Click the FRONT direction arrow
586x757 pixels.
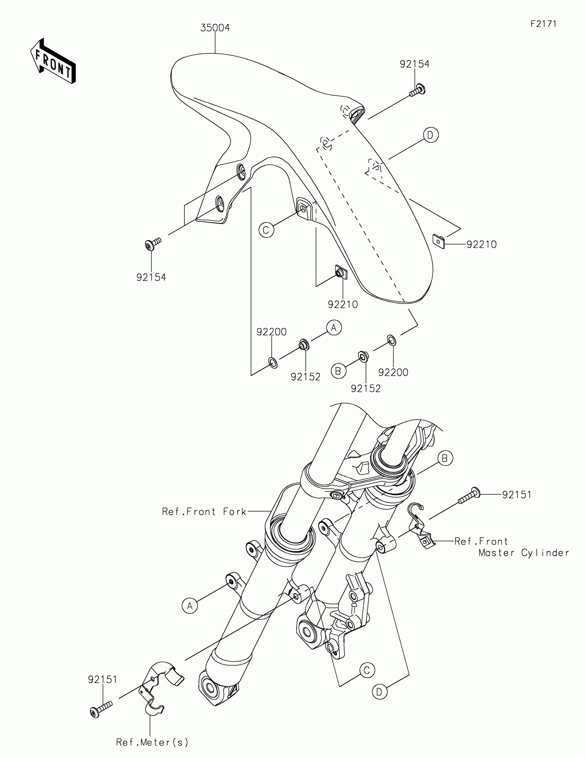click(x=53, y=61)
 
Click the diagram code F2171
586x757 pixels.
click(x=543, y=24)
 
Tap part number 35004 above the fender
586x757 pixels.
click(x=215, y=28)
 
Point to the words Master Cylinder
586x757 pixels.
click(x=523, y=553)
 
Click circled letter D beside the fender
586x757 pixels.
click(x=431, y=135)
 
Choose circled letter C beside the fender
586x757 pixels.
click(x=266, y=230)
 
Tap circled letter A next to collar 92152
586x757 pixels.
click(x=334, y=327)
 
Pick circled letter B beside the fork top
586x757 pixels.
click(x=445, y=458)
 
